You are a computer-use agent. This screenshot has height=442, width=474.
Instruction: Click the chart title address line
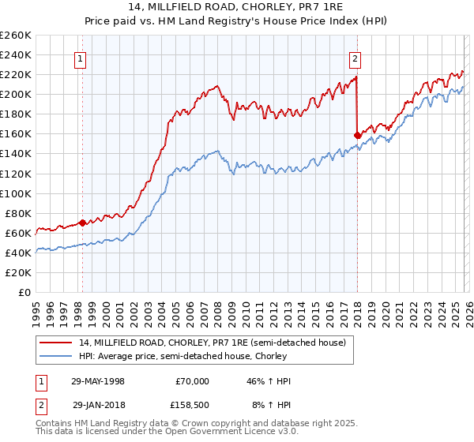pyautogui.click(x=237, y=6)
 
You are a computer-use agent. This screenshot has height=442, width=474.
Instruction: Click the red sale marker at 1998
pyautogui.click(x=82, y=223)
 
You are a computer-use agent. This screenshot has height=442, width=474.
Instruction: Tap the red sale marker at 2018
pyautogui.click(x=357, y=135)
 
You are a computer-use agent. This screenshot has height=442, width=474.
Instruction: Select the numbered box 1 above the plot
pyautogui.click(x=81, y=58)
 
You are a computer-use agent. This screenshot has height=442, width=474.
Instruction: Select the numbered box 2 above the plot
pyautogui.click(x=355, y=58)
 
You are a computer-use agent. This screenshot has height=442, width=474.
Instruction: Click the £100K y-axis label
pyautogui.click(x=16, y=193)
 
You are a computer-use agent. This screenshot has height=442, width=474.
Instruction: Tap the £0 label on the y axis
pyautogui.click(x=25, y=292)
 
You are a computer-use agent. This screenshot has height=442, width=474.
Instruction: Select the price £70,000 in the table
pyautogui.click(x=192, y=381)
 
